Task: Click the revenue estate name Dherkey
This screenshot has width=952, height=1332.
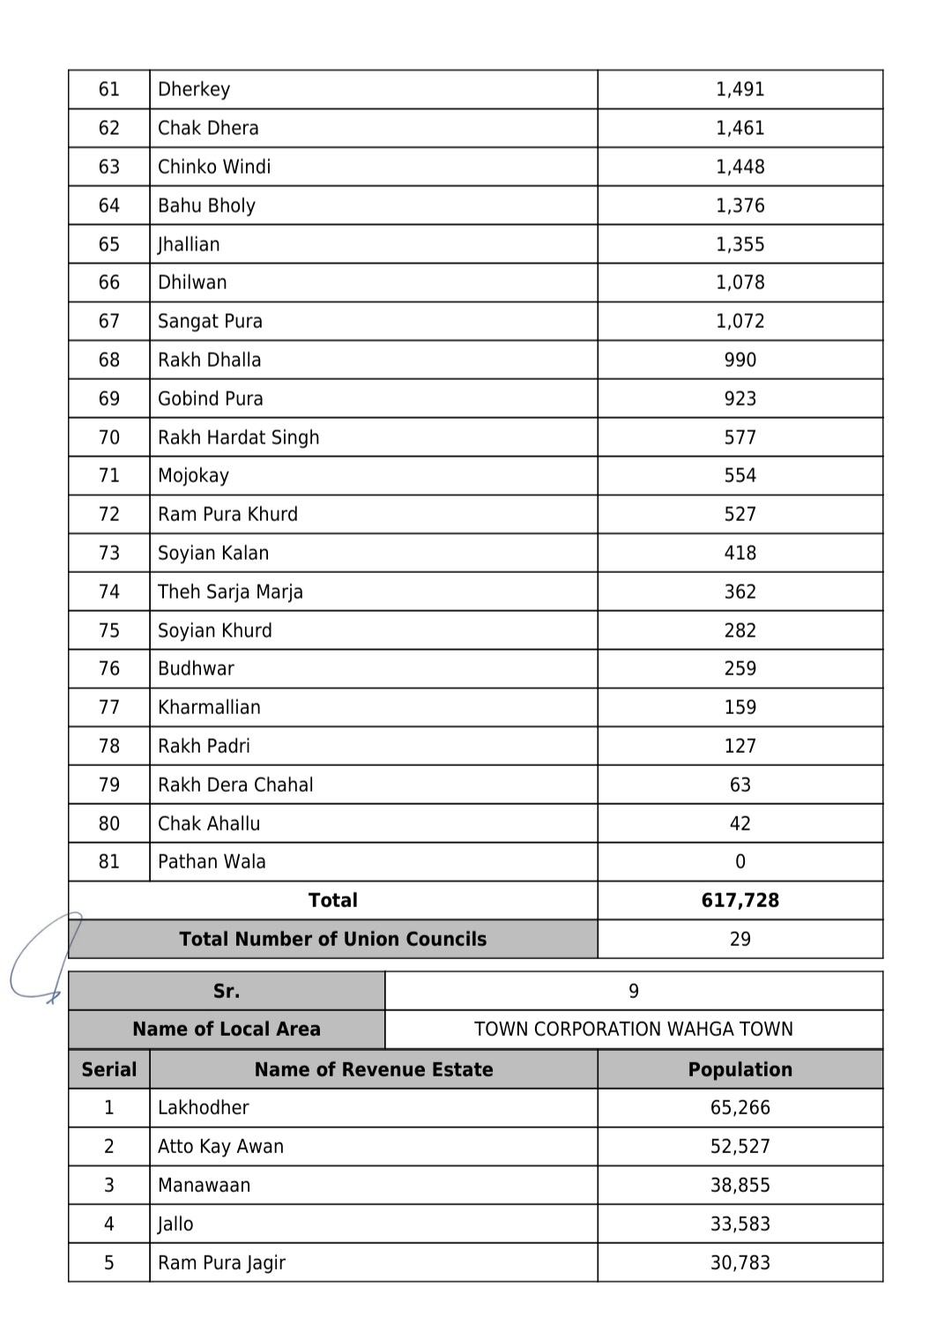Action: click(x=194, y=89)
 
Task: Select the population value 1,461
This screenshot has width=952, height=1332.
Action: click(x=740, y=128)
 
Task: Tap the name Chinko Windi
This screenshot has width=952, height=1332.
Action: click(x=214, y=167)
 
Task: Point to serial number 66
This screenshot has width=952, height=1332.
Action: click(x=109, y=282)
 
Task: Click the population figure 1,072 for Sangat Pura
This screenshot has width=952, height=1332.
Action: click(x=740, y=321)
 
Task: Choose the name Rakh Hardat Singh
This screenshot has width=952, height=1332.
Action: click(x=238, y=437)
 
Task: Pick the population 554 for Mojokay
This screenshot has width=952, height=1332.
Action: click(x=740, y=475)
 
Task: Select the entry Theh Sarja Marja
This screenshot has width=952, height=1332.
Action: click(x=230, y=592)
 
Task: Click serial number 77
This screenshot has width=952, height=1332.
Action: click(x=109, y=707)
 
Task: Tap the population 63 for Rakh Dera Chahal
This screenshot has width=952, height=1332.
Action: click(x=740, y=785)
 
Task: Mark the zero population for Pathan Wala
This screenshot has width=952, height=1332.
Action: click(x=740, y=861)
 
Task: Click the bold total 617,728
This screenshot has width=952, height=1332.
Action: click(x=740, y=900)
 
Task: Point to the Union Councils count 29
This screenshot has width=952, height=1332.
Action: click(x=740, y=939)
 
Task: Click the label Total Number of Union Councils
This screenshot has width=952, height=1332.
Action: click(x=332, y=939)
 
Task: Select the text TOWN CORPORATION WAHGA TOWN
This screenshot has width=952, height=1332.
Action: click(x=633, y=1029)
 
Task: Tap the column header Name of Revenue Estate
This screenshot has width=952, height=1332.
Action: click(x=374, y=1069)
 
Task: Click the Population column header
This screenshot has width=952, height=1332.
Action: click(x=740, y=1069)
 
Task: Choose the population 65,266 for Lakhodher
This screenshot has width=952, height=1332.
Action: click(x=740, y=1107)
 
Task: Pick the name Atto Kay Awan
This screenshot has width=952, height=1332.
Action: click(x=220, y=1146)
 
